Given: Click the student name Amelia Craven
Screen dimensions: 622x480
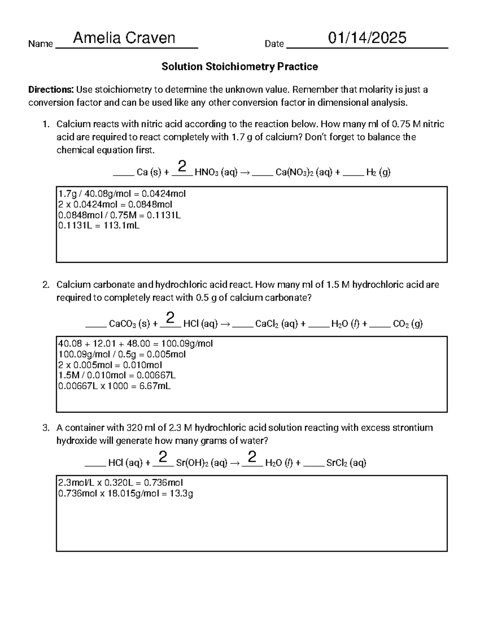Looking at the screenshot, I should tap(124, 38).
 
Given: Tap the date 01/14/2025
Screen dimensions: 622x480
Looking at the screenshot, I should tap(367, 38).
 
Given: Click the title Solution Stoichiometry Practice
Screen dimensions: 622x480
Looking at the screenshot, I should tap(240, 66).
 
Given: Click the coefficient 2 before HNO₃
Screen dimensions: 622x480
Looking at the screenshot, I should tap(182, 167).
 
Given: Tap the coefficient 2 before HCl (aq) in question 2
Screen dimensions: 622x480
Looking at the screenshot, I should tap(170, 318).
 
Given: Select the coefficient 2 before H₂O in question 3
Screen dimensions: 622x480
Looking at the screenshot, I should tap(252, 457).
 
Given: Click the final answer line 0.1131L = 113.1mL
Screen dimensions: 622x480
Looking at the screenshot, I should tap(99, 225).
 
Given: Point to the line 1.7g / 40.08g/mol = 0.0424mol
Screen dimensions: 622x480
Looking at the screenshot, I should tap(122, 194).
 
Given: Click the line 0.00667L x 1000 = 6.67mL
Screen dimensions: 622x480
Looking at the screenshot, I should tap(114, 386).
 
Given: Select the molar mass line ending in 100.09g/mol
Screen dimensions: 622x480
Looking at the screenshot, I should tap(136, 344).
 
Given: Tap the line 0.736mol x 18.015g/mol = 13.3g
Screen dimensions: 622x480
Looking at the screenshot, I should tap(126, 493).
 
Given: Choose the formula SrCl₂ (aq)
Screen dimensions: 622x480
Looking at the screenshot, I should tap(346, 463).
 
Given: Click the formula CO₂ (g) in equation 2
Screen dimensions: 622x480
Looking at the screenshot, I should tap(408, 324).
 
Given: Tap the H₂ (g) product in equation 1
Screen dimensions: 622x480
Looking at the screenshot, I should tap(378, 173).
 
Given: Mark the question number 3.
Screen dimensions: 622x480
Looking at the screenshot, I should tap(46, 428).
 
